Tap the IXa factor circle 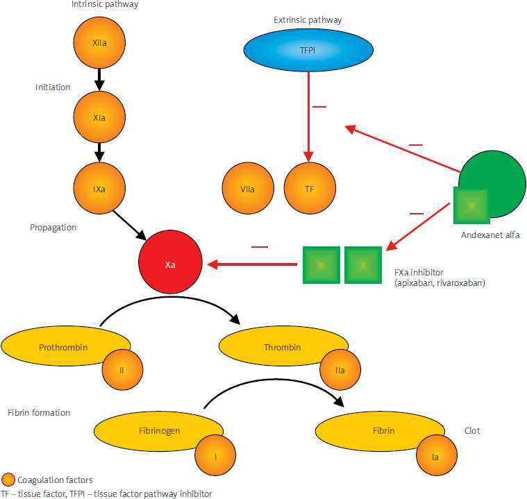(99, 188)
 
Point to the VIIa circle (247, 188)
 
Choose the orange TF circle (310, 188)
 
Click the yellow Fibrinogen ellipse (153, 430)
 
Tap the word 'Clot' (471, 431)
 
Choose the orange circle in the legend (8, 480)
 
